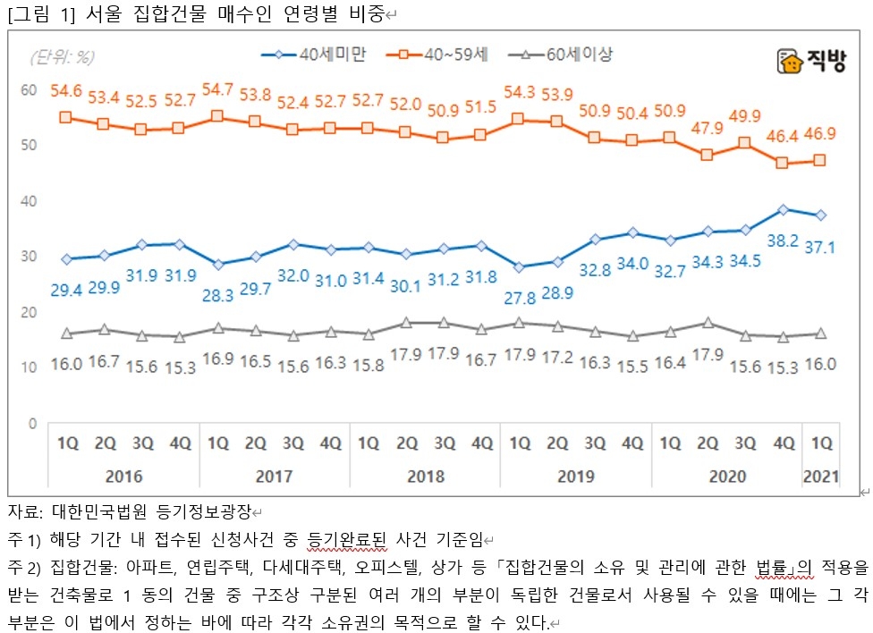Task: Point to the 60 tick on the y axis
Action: pos(29,89)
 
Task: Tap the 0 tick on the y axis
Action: pos(32,422)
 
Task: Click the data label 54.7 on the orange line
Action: pos(217,89)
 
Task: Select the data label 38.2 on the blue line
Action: pos(784,241)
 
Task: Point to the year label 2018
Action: pos(426,477)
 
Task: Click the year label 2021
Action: pos(821,477)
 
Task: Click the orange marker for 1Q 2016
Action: pos(65,117)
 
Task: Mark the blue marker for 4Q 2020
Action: pos(784,209)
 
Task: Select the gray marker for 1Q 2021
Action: pos(821,333)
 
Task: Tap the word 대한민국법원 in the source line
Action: pos(89,511)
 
